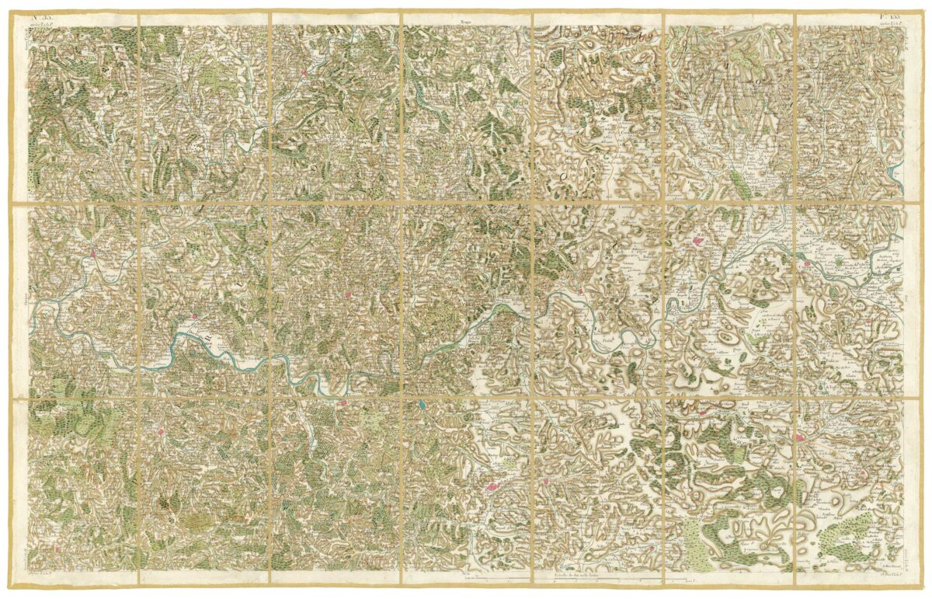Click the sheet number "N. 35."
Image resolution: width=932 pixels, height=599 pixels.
(x=40, y=16)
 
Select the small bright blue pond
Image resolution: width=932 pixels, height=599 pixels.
(x=421, y=405)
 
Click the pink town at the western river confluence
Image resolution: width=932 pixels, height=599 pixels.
(x=92, y=252)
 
